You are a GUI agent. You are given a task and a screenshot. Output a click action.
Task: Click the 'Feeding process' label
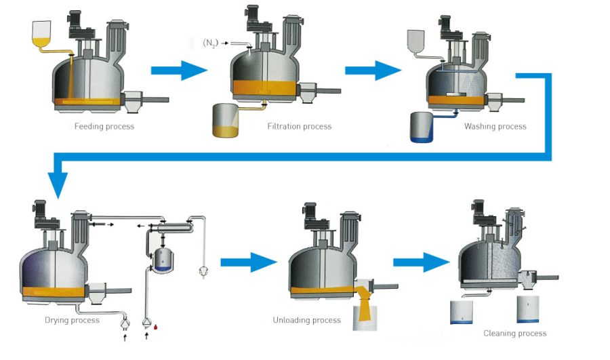pos(104,126)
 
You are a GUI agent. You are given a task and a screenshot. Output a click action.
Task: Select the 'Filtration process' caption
pos(299,126)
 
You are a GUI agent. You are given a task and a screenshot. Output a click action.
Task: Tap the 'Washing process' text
pos(495,126)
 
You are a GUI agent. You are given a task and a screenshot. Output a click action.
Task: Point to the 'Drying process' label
pos(71,320)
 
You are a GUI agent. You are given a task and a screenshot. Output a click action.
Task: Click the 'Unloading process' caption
pos(306,320)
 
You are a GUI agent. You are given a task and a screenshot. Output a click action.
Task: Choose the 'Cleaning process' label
pos(514,333)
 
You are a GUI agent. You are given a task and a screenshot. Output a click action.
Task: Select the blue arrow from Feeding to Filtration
pos(178,69)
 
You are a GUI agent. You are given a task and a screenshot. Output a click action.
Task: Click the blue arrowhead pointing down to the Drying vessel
pos(58,184)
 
